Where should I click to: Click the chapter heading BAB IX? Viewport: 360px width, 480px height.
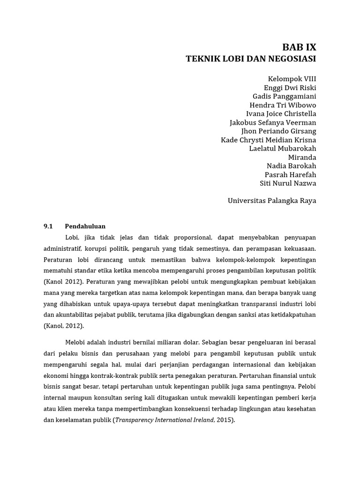click(x=299, y=47)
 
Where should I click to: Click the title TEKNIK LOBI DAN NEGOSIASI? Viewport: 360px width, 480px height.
click(x=251, y=59)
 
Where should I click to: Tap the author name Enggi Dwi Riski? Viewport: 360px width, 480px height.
click(x=290, y=88)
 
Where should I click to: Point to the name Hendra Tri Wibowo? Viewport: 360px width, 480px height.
click(x=283, y=105)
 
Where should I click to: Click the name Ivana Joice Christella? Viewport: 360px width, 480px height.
click(x=281, y=114)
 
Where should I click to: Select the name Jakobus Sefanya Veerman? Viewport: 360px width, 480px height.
click(x=273, y=122)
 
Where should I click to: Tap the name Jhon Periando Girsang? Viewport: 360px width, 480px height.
click(x=278, y=131)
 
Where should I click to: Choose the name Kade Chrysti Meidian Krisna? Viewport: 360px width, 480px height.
click(x=268, y=140)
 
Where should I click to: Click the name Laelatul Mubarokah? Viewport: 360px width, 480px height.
click(x=283, y=149)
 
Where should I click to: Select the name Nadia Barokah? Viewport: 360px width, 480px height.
click(x=292, y=166)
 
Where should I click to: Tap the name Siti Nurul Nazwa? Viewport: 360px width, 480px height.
click(x=288, y=183)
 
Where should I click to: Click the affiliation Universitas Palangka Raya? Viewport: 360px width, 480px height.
click(x=272, y=201)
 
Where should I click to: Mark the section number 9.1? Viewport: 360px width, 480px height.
click(x=49, y=226)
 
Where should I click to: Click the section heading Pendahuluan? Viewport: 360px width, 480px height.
click(x=85, y=226)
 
